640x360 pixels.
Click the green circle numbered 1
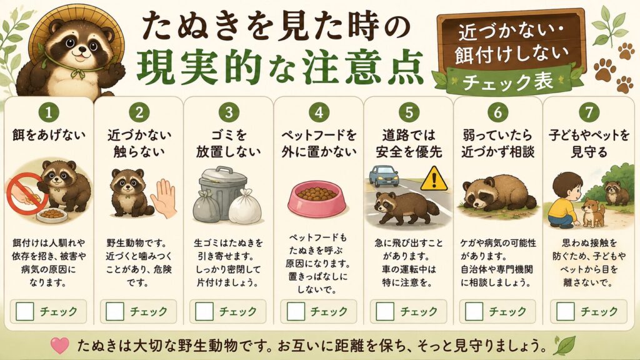(49, 112)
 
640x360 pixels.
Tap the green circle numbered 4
(319, 112)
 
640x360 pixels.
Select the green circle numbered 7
(589, 112)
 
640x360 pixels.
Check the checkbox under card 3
(204, 311)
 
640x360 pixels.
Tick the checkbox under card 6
(474, 311)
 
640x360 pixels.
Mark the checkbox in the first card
(24, 311)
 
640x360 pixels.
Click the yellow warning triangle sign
(434, 179)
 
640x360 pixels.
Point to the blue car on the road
(384, 176)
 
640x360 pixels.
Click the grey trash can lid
(223, 176)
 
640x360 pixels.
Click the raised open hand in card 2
(164, 198)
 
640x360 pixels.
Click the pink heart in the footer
(60, 345)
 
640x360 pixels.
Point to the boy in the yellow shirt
(564, 199)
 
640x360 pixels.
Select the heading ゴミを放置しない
(228, 143)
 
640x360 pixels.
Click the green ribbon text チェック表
(507, 82)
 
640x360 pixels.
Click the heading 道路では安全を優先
(409, 143)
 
